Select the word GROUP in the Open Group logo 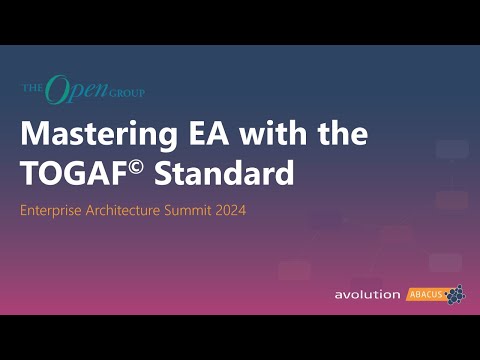pyautogui.click(x=129, y=95)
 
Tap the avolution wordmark pyautogui.click(x=367, y=295)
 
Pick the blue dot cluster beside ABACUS pyautogui.click(x=455, y=294)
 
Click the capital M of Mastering pyautogui.click(x=35, y=134)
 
